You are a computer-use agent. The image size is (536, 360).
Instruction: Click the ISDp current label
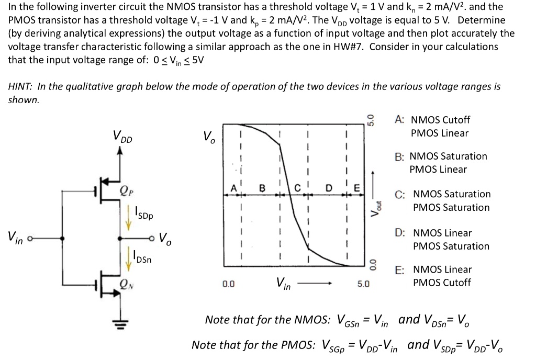click(x=142, y=214)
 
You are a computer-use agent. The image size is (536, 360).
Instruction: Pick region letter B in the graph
click(x=262, y=187)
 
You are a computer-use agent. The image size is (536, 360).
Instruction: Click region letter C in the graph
click(x=298, y=187)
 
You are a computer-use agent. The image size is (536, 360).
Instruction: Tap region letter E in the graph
click(x=357, y=187)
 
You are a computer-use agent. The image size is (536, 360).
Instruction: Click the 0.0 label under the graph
click(x=228, y=284)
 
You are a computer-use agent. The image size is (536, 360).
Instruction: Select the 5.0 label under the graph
click(x=363, y=284)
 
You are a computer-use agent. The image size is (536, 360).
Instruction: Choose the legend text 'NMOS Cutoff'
click(x=441, y=120)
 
